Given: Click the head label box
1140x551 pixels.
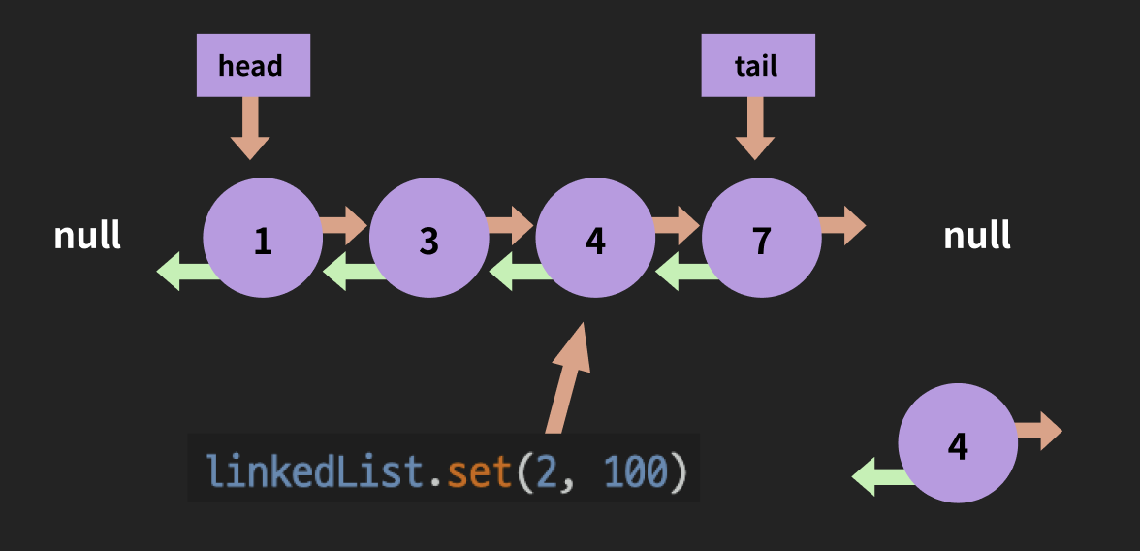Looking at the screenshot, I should coord(253,66).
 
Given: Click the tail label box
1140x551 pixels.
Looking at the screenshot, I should coord(758,66).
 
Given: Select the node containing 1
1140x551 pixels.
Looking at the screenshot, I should coord(263,238).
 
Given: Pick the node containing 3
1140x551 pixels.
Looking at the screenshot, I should coord(429,238).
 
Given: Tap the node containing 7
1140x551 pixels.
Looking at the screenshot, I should coord(762,238).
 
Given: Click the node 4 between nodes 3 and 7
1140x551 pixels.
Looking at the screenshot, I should coord(595,238).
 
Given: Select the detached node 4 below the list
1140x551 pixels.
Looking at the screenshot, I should coord(958,443).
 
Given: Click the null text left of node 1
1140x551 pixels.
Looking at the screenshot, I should coord(87,236).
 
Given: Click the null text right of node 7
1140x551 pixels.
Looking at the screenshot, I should coord(977,236).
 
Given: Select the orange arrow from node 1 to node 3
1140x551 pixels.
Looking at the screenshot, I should coord(345,226).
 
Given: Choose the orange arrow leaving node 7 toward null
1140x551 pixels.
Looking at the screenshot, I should coord(843,226).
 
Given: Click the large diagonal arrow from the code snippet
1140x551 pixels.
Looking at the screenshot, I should coord(567,378).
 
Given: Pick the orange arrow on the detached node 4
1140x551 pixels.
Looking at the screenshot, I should coord(1040,431).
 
